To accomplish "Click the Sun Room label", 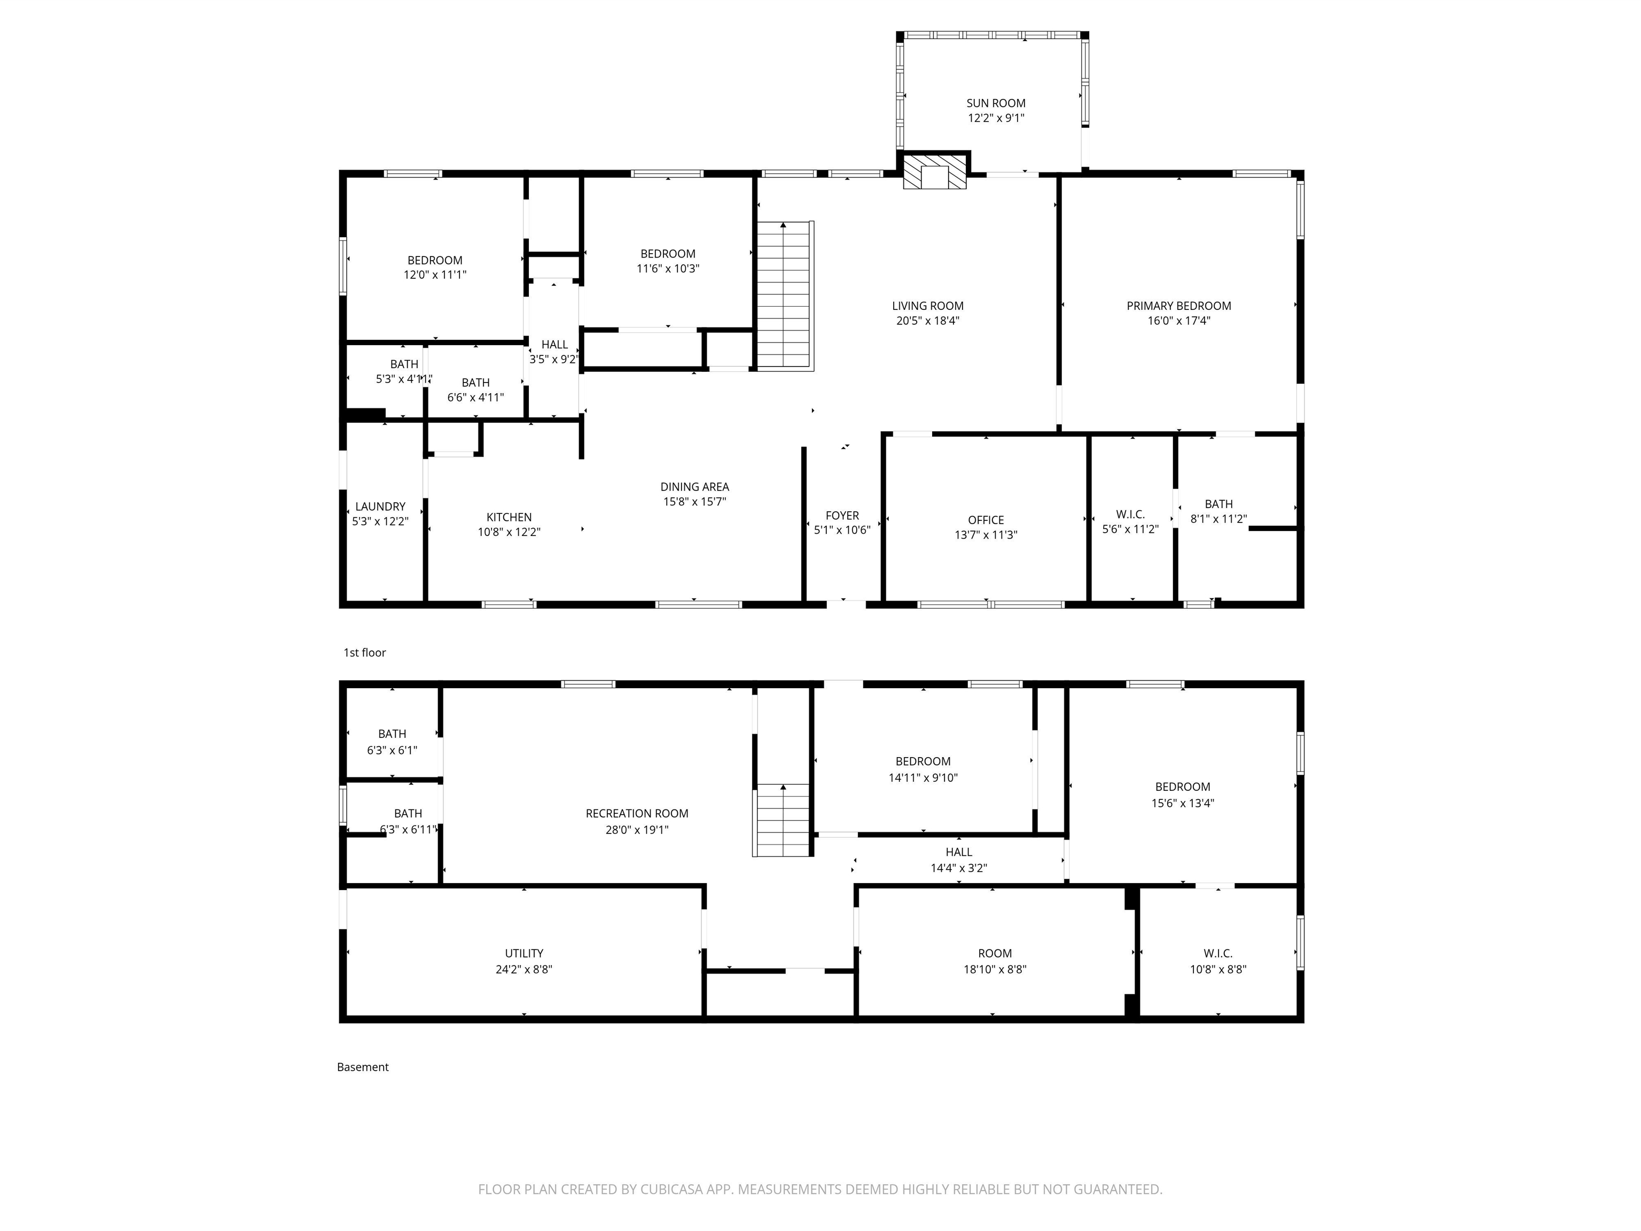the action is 996,103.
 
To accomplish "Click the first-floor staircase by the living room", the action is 785,295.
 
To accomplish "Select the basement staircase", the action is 781,820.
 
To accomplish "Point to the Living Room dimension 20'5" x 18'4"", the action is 928,321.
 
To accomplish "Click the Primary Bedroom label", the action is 1179,306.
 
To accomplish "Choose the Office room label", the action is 986,520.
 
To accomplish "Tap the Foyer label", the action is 842,515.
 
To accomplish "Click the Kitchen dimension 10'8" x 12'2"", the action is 509,532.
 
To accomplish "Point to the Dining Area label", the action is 694,487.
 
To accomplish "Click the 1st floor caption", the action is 364,652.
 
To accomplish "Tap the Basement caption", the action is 363,1067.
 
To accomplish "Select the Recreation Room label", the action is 637,813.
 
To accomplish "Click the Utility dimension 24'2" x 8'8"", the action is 523,969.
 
